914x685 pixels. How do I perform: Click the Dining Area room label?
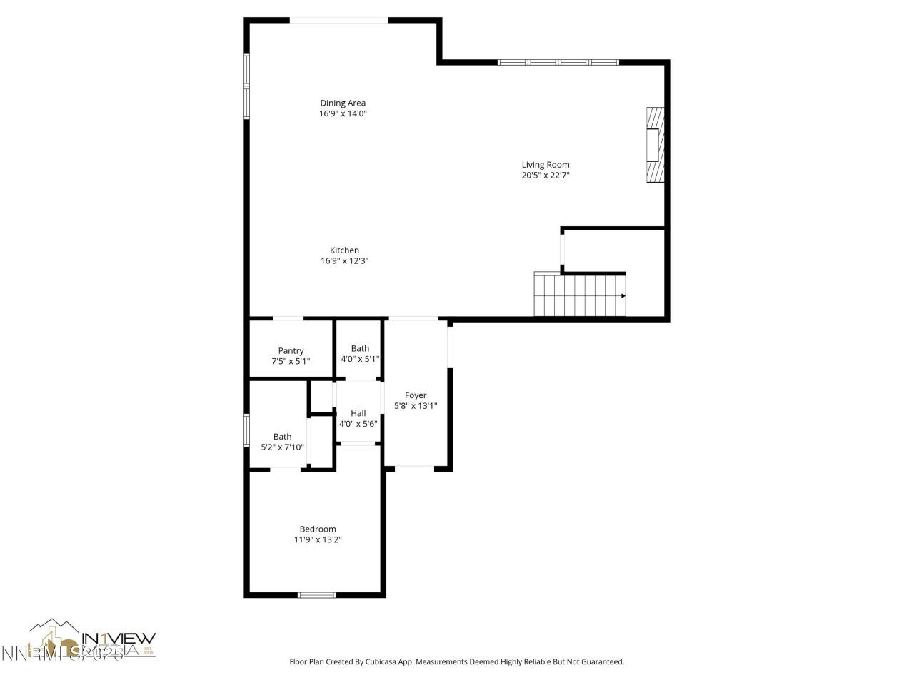tap(343, 103)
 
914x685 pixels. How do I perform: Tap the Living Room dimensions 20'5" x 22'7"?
tap(545, 176)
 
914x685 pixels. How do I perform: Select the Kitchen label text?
tap(344, 250)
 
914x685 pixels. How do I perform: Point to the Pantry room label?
tap(291, 350)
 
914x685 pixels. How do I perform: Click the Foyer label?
tap(416, 395)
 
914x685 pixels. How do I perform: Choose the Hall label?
tap(358, 413)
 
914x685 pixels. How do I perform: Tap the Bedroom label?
tap(318, 529)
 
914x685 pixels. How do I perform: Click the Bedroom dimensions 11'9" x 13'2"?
tap(318, 540)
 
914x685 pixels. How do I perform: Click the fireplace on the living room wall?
tap(655, 146)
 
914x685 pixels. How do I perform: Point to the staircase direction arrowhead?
tap(623, 295)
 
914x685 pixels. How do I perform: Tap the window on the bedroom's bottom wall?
tap(316, 594)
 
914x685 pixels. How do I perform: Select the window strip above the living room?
tap(558, 63)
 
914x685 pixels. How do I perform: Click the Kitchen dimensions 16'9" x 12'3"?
tap(344, 261)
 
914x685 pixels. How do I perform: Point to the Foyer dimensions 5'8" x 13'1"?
tap(416, 406)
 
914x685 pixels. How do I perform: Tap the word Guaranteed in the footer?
tap(601, 662)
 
